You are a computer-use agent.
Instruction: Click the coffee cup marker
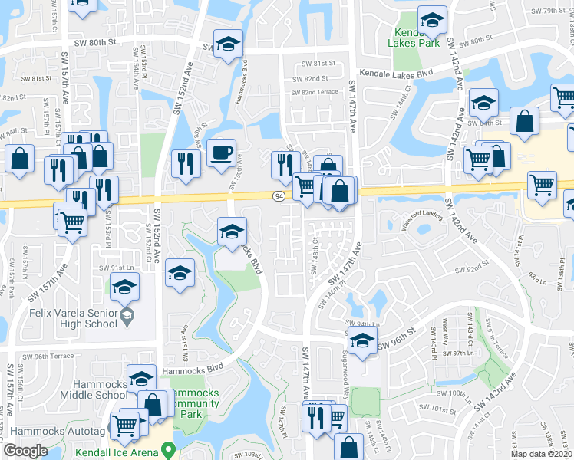coord(221,153)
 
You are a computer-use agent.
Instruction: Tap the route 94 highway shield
coord(279,197)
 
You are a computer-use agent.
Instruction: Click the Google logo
coord(25,451)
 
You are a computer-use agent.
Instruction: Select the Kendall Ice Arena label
coord(116,452)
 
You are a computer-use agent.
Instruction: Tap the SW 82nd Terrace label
coord(314,92)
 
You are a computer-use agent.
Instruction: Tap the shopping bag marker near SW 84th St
coord(524,121)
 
